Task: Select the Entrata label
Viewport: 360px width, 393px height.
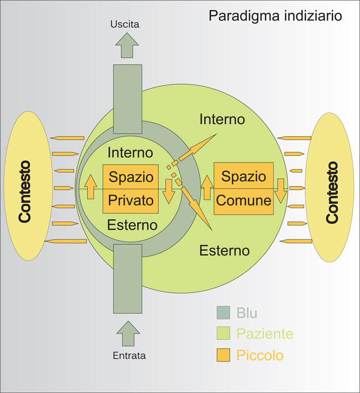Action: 129,356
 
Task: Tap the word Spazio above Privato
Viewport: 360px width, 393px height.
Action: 132,177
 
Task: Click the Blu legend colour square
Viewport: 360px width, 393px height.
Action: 224,313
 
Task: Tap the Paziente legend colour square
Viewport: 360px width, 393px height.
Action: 224,334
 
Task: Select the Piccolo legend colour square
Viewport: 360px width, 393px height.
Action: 224,355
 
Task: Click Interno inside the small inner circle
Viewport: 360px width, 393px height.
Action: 130,152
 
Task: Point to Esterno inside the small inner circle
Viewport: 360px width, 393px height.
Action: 132,224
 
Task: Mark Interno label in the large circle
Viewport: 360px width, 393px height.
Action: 222,119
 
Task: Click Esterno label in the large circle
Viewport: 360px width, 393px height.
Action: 224,250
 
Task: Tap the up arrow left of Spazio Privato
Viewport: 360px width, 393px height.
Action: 90,187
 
